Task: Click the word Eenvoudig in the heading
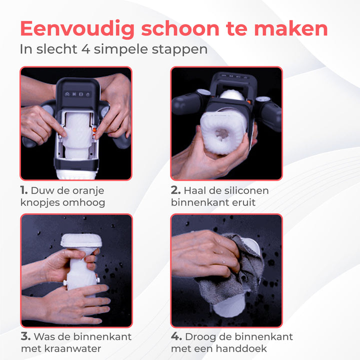pos(77,29)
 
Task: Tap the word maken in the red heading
pos(291,28)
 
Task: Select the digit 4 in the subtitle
pos(85,49)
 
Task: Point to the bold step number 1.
pos(23,190)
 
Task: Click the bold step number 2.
pos(176,190)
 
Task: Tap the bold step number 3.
pos(25,336)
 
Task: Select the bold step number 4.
pos(176,336)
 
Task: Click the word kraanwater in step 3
pos(72,349)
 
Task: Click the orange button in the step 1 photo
pos(94,130)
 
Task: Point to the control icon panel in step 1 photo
pos(77,94)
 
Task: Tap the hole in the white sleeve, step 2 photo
pos(221,134)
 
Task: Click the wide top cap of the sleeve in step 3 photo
pos(81,240)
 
